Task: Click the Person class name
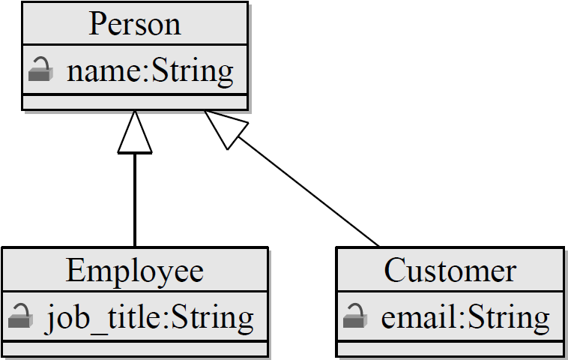pyautogui.click(x=135, y=24)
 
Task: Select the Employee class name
pyautogui.click(x=135, y=270)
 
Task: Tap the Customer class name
pyautogui.click(x=450, y=270)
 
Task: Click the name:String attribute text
pyautogui.click(x=150, y=71)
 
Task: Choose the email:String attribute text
pyautogui.click(x=465, y=317)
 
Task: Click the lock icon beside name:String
pyautogui.click(x=40, y=71)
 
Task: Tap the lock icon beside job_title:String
pyautogui.click(x=20, y=317)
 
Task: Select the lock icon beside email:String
pyautogui.click(x=354, y=317)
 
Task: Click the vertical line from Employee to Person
pyautogui.click(x=135, y=199)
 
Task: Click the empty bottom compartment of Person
pyautogui.click(x=135, y=102)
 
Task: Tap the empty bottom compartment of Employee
pyautogui.click(x=135, y=349)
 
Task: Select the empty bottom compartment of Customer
pyautogui.click(x=450, y=349)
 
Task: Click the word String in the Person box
pyautogui.click(x=193, y=71)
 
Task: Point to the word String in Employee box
pyautogui.click(x=213, y=317)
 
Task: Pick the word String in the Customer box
pyautogui.click(x=509, y=317)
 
